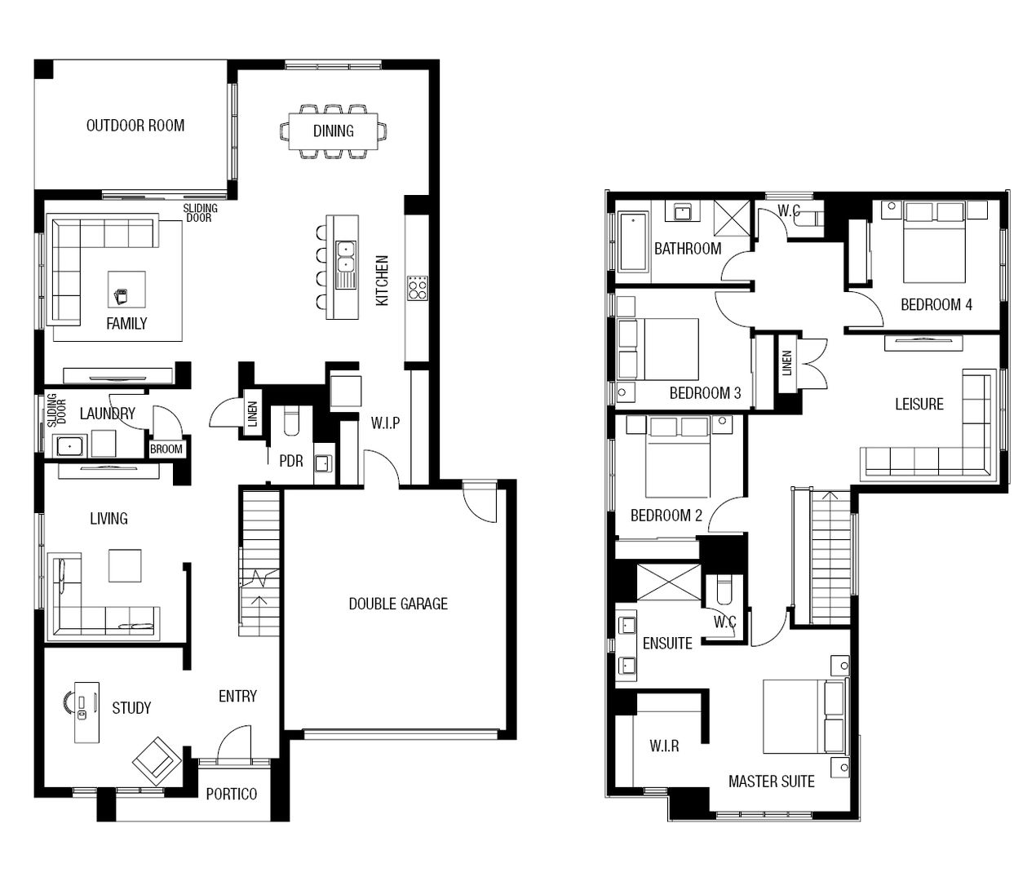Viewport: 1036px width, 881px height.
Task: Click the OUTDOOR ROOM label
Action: [x=135, y=126]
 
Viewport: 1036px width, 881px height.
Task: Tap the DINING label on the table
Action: [x=334, y=131]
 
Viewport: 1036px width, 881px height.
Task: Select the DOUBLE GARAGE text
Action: [x=398, y=604]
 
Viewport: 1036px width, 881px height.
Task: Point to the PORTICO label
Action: [x=232, y=794]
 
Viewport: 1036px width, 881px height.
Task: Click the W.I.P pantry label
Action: [x=385, y=423]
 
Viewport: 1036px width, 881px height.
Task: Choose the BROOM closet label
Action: [x=166, y=449]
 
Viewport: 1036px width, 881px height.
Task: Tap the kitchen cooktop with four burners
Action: [x=418, y=288]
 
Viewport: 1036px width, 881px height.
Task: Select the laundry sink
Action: [x=69, y=445]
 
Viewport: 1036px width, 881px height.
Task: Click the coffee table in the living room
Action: [x=125, y=565]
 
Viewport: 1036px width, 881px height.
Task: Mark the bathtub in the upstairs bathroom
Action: [x=633, y=241]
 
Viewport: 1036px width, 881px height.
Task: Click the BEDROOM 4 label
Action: [x=936, y=304]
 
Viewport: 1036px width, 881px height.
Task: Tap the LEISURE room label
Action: [x=919, y=404]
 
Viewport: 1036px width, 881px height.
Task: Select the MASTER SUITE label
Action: [x=771, y=781]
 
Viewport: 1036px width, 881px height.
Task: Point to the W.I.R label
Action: [x=664, y=746]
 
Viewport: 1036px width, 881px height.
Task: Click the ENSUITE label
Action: [x=667, y=644]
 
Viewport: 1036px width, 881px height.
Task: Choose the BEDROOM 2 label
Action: [x=666, y=516]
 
